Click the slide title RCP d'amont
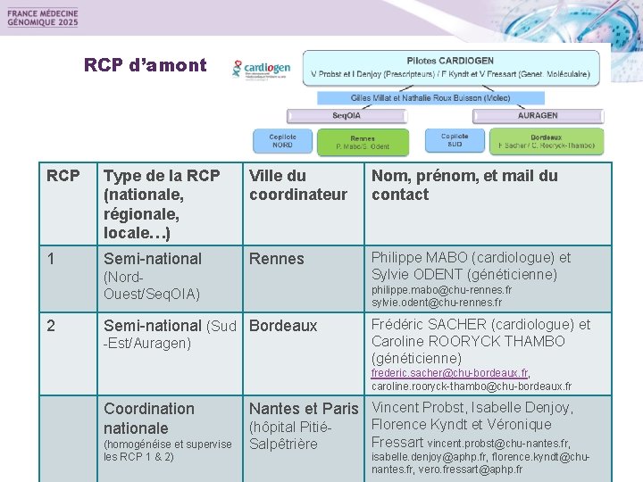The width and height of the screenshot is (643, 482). [x=145, y=65]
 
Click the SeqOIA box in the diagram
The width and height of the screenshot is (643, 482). [x=347, y=115]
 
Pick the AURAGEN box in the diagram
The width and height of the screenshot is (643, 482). [x=538, y=115]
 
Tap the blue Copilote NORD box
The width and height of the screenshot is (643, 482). [x=282, y=141]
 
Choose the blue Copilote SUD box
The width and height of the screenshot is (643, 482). [x=455, y=140]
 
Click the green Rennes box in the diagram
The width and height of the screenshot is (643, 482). [x=362, y=142]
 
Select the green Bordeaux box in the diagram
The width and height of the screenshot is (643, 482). [x=546, y=141]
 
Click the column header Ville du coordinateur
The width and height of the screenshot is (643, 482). [x=297, y=185]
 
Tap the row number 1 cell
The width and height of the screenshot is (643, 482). [x=51, y=259]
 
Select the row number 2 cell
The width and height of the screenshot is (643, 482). [x=51, y=326]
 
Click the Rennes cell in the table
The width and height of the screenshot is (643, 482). [x=277, y=259]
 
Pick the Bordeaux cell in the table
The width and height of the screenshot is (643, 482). [x=283, y=326]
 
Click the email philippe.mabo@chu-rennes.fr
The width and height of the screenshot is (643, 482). [x=441, y=291]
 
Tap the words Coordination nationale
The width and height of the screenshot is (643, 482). [x=148, y=418]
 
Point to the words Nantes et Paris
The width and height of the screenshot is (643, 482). [x=303, y=409]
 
